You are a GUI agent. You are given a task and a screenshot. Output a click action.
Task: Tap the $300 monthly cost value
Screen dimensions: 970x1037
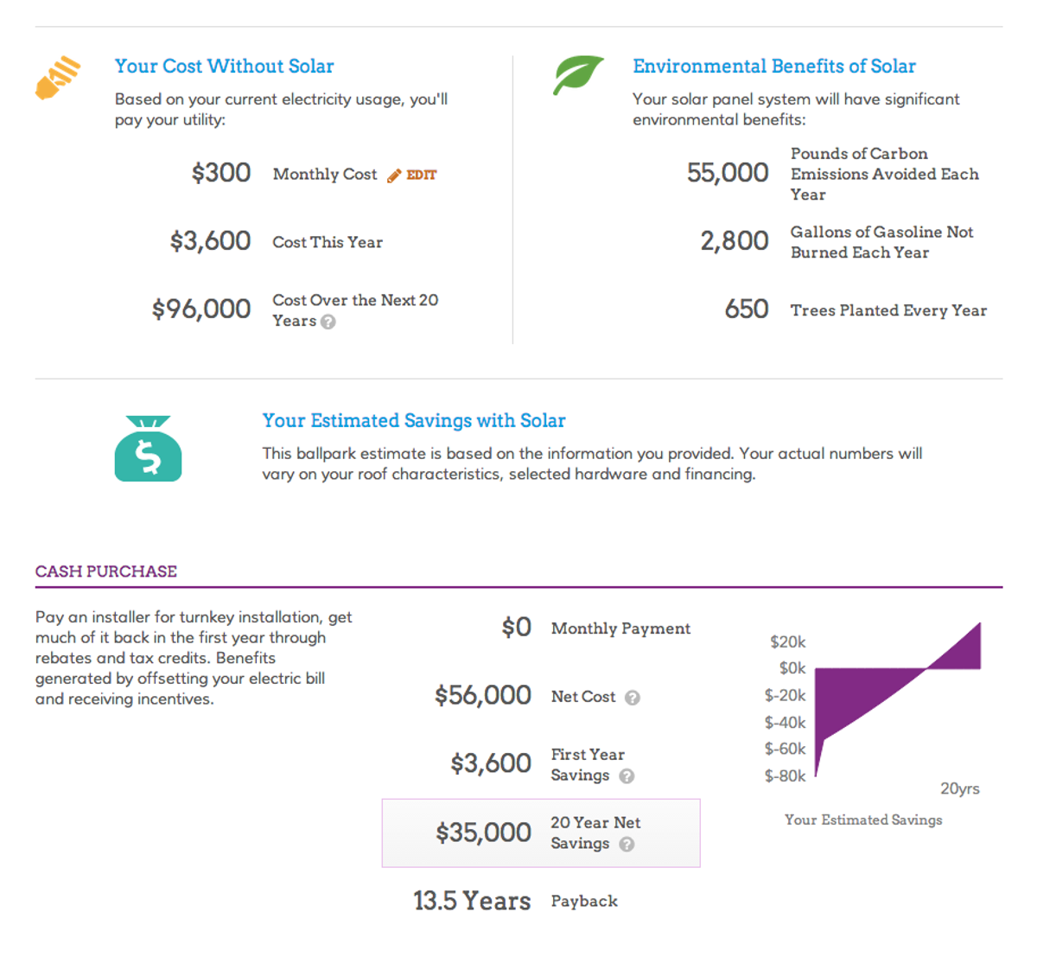pyautogui.click(x=221, y=173)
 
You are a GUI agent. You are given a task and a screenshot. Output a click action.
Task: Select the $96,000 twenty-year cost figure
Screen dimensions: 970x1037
pyautogui.click(x=201, y=309)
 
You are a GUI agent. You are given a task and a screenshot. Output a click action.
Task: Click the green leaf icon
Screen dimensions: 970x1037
pyautogui.click(x=578, y=75)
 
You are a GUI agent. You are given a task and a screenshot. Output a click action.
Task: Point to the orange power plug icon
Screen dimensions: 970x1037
pyautogui.click(x=57, y=78)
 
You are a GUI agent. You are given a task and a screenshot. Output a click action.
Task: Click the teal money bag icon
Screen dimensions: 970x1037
pyautogui.click(x=148, y=449)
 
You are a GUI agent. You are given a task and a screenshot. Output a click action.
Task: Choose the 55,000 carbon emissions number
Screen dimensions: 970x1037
pyautogui.click(x=728, y=173)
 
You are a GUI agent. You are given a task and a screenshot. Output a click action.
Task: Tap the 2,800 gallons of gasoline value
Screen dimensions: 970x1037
pyautogui.click(x=735, y=241)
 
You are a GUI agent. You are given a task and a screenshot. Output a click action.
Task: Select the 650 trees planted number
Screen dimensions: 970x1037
pyautogui.click(x=747, y=310)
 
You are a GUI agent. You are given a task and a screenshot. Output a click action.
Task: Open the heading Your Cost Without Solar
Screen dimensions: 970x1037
pyautogui.click(x=224, y=67)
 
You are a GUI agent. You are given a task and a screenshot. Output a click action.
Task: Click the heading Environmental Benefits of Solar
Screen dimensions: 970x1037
pyautogui.click(x=773, y=67)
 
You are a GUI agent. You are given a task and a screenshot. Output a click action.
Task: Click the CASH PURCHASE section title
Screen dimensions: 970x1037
pyautogui.click(x=106, y=571)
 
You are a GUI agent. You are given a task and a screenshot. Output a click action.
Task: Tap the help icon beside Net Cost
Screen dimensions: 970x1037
pyautogui.click(x=633, y=698)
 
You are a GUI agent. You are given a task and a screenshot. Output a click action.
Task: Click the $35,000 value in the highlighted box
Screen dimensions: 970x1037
pyautogui.click(x=483, y=833)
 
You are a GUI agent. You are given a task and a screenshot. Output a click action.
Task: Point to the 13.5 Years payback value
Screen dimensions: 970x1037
pyautogui.click(x=472, y=901)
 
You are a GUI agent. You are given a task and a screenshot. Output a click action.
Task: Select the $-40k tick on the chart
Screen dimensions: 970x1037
pyautogui.click(x=785, y=722)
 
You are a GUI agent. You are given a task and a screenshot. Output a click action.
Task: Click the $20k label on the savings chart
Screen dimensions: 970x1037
pyautogui.click(x=787, y=641)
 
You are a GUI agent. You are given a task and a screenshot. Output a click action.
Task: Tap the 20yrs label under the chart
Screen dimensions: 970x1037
pyautogui.click(x=959, y=788)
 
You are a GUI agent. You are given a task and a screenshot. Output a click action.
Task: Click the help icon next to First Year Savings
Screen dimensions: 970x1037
pyautogui.click(x=627, y=776)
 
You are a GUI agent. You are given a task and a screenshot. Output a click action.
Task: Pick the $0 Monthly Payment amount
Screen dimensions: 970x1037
pyautogui.click(x=517, y=627)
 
